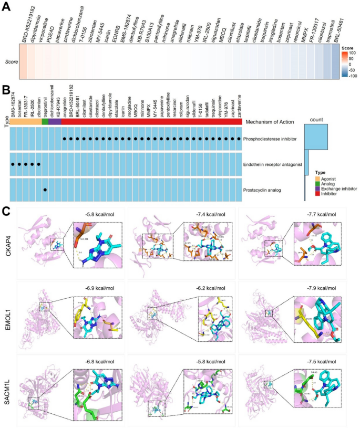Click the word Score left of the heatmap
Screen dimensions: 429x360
click(9, 61)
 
